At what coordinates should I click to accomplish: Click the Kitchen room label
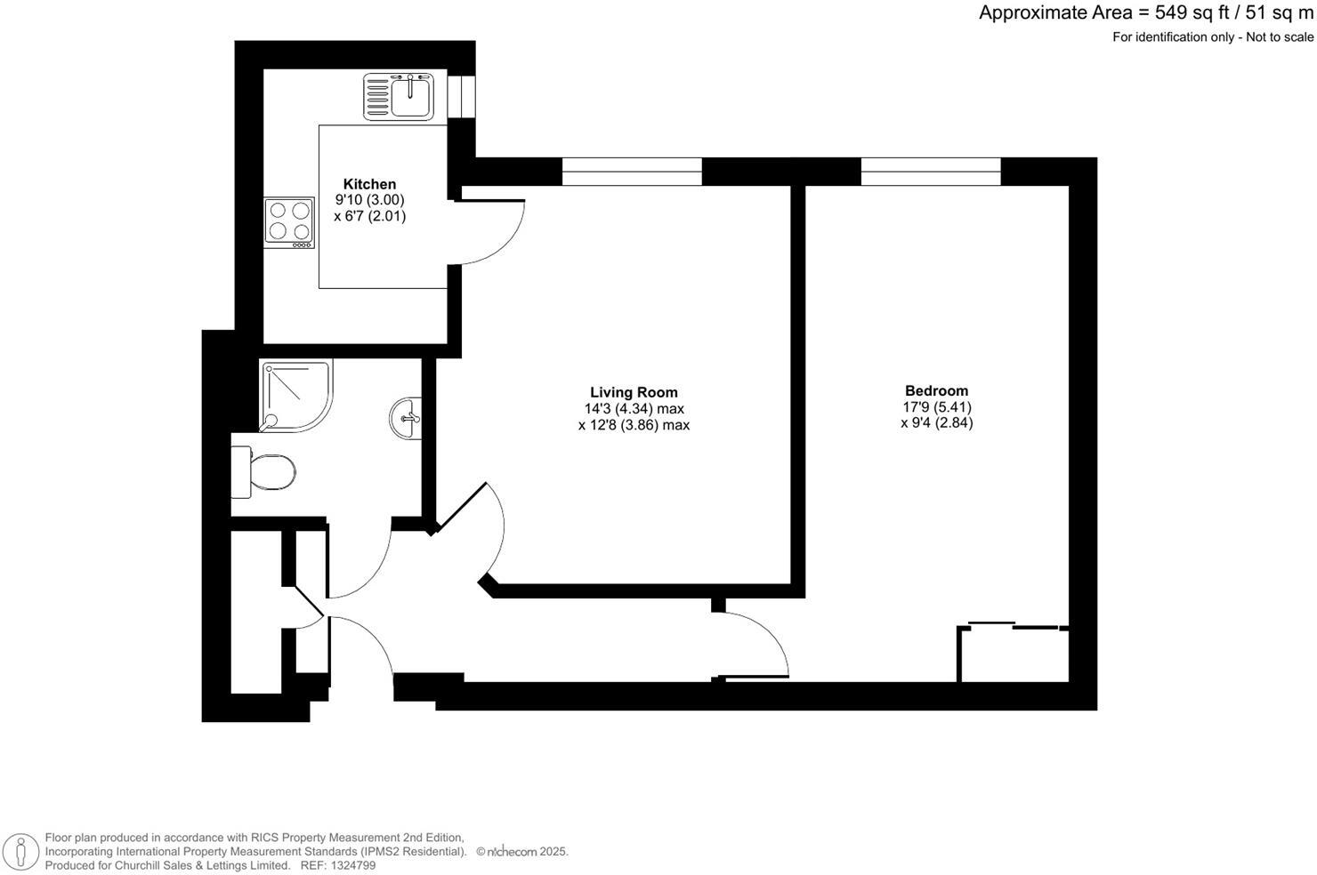[369, 184]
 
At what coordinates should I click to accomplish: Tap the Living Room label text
[634, 392]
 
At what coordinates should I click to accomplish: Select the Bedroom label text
[936, 390]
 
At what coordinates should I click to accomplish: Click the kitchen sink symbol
[399, 96]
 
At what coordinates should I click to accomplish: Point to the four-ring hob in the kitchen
[289, 222]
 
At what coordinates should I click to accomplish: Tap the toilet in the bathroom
[264, 472]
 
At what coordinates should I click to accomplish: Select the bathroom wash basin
[406, 417]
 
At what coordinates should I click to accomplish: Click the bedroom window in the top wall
[931, 172]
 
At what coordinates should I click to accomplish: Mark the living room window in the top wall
[632, 172]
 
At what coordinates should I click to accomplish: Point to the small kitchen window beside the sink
[461, 96]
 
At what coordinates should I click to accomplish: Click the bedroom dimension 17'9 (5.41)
[936, 407]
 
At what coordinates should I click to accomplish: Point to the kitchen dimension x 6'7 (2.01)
[369, 216]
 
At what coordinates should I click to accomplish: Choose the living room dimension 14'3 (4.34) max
[634, 409]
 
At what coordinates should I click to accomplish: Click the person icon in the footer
[20, 851]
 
